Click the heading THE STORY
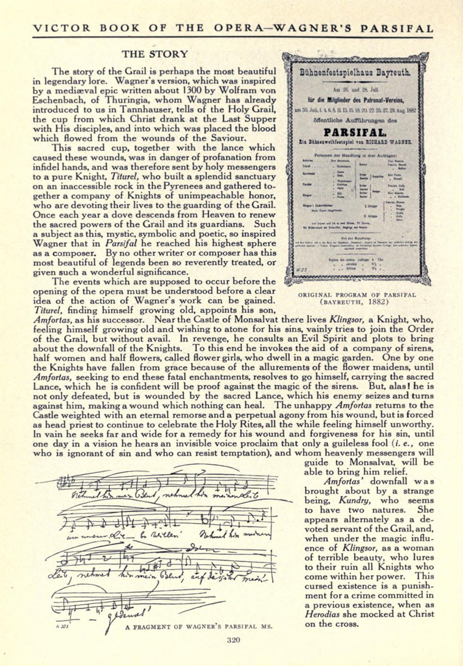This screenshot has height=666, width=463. [x=155, y=54]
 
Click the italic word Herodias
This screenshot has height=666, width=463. [x=326, y=613]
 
